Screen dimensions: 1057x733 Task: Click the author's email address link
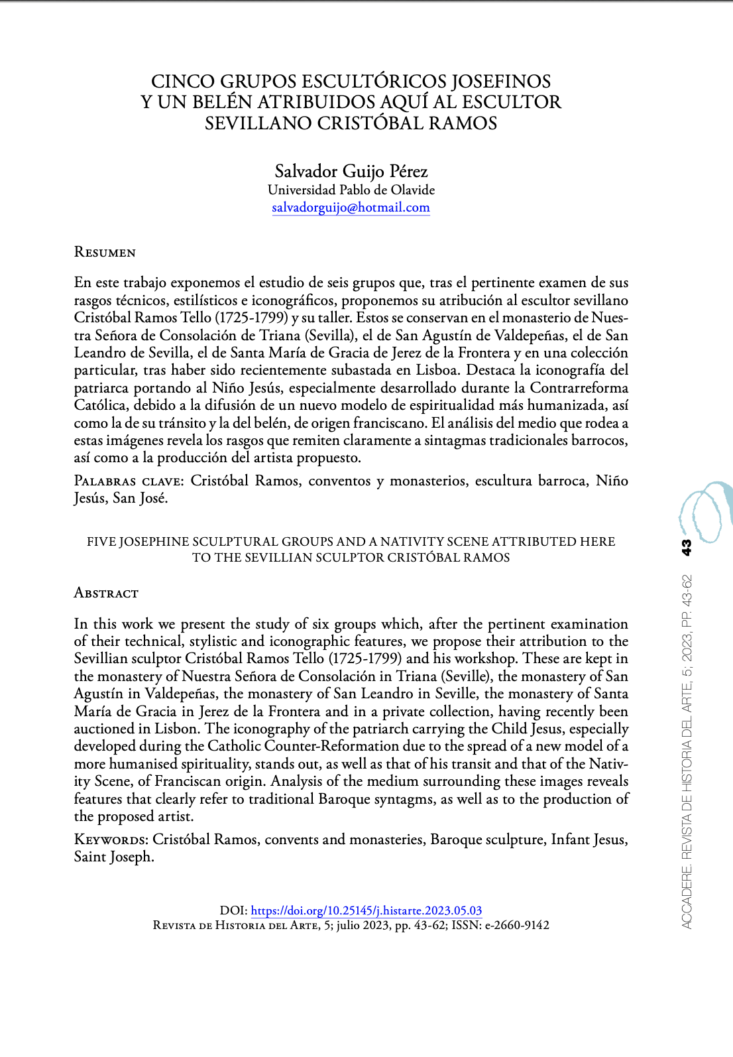pyautogui.click(x=351, y=208)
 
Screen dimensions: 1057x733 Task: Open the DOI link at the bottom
pyautogui.click(x=366, y=910)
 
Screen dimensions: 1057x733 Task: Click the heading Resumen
pyautogui.click(x=105, y=252)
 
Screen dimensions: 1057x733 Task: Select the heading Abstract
pyautogui.click(x=106, y=593)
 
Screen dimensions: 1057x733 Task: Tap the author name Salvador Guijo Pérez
pyautogui.click(x=351, y=171)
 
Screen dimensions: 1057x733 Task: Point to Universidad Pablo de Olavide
pyautogui.click(x=351, y=190)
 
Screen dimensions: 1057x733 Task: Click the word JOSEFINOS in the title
pyautogui.click(x=501, y=82)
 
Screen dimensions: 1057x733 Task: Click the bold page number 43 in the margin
pyautogui.click(x=687, y=547)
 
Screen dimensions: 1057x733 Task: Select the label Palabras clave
pyautogui.click(x=127, y=481)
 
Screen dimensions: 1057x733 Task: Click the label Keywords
pyautogui.click(x=111, y=839)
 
